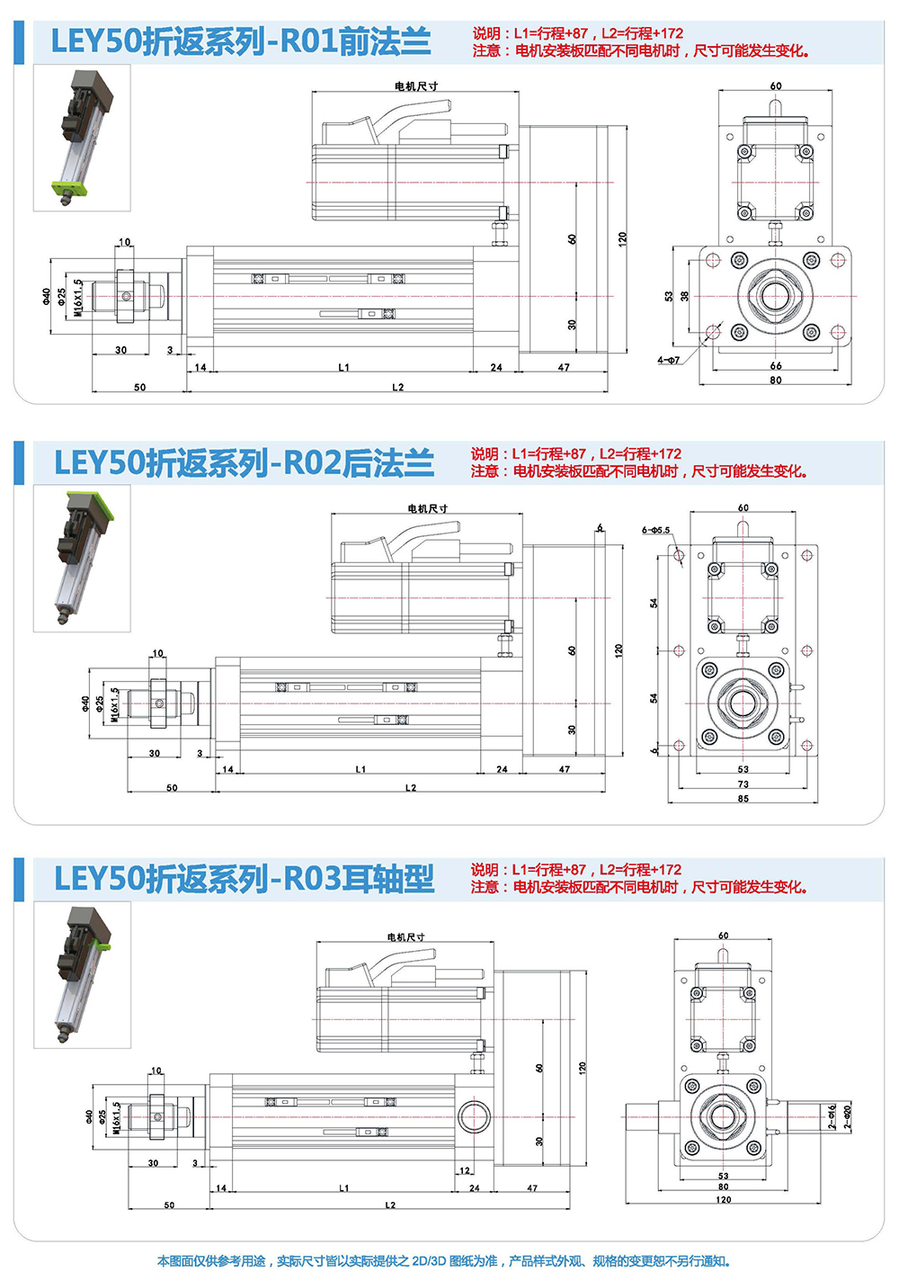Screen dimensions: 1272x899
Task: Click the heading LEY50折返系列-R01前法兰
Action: click(x=240, y=42)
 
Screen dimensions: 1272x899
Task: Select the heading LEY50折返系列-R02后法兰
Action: click(x=244, y=462)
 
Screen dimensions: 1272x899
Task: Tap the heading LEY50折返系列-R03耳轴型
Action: click(x=244, y=879)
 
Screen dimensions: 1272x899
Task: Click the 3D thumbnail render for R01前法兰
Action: click(x=82, y=138)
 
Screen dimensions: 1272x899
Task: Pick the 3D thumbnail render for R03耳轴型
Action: click(x=82, y=974)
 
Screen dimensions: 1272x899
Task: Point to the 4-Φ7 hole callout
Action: click(x=669, y=360)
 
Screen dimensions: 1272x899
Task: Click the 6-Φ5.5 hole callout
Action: click(x=655, y=530)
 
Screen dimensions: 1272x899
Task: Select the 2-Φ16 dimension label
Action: click(x=833, y=1116)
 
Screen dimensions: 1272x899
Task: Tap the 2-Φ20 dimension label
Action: click(x=847, y=1116)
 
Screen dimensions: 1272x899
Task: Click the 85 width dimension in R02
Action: click(x=743, y=798)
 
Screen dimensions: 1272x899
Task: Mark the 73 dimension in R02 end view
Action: click(x=743, y=784)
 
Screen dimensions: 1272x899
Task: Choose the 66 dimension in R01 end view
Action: click(x=776, y=365)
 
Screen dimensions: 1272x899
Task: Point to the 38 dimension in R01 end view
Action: click(x=684, y=296)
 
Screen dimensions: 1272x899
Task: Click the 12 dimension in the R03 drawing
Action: click(x=464, y=1170)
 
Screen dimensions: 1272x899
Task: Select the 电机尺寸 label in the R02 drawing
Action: click(x=427, y=508)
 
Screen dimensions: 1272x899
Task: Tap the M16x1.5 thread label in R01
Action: click(x=78, y=296)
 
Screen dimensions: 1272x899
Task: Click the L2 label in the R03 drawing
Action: click(x=390, y=1205)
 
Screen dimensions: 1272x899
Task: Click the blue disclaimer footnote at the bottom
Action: click(x=444, y=1260)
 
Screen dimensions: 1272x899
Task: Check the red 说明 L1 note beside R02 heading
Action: click(x=575, y=454)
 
